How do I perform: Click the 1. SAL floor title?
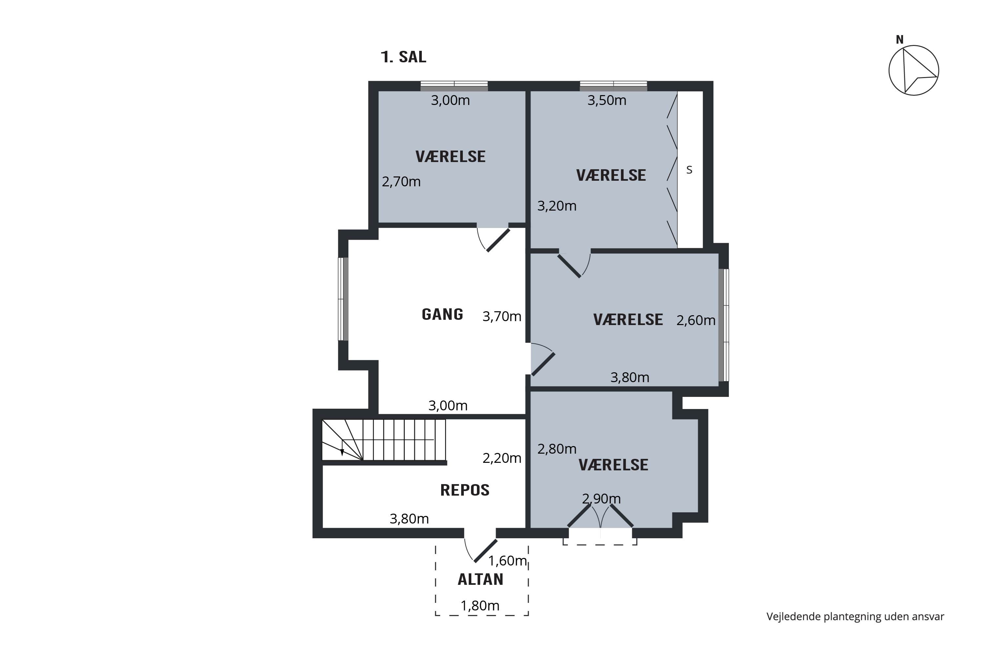click(403, 57)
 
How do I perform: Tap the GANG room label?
click(442, 314)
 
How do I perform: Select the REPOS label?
click(464, 490)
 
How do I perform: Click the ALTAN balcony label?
click(480, 580)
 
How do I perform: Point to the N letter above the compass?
click(899, 40)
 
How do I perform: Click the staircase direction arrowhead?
click(342, 452)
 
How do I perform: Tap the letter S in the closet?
click(689, 170)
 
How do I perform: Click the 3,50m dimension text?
click(606, 100)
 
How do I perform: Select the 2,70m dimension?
click(401, 182)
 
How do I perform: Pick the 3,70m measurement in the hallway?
click(502, 316)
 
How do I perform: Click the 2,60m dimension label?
click(696, 320)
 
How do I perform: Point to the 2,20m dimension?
click(502, 458)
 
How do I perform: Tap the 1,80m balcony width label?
click(480, 606)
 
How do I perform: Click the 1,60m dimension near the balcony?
click(507, 561)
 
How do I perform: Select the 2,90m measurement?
click(601, 499)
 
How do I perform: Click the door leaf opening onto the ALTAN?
click(486, 551)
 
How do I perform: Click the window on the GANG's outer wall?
click(343, 299)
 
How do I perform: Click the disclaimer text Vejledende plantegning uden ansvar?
click(855, 617)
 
